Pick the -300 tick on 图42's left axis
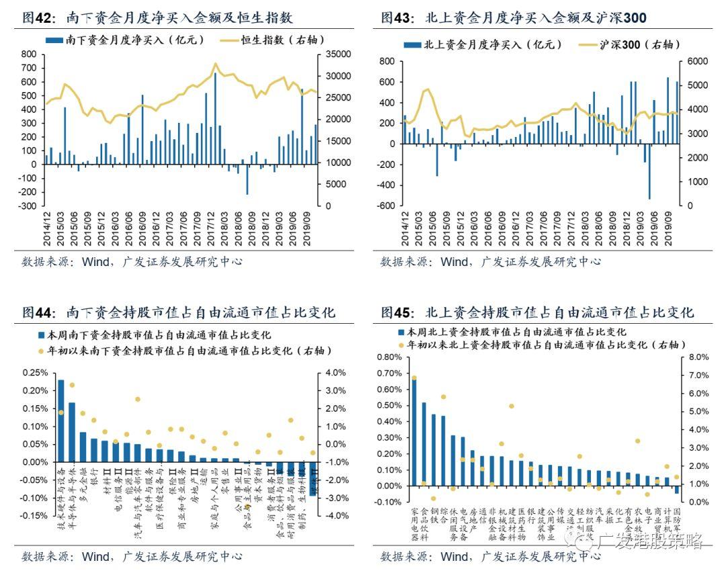(x=28, y=206)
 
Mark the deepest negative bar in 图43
(x=649, y=171)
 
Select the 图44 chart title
(x=179, y=312)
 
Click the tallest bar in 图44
(x=61, y=421)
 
